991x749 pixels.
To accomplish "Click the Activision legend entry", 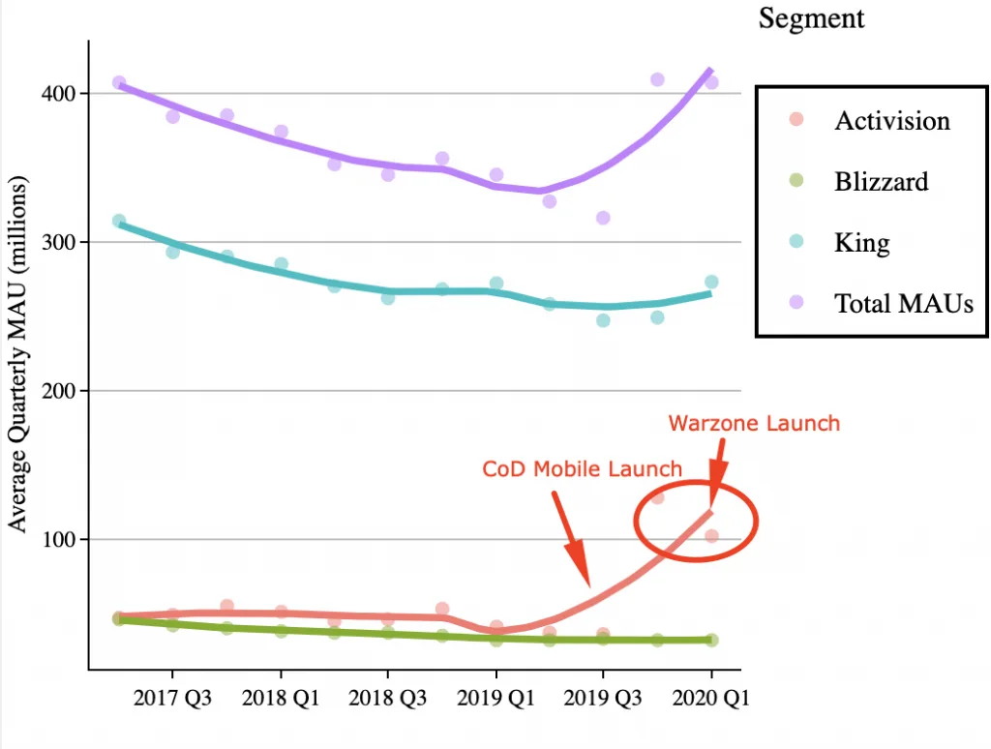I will point(891,121).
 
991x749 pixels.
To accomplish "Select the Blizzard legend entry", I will point(881,181).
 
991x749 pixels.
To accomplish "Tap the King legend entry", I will point(861,242).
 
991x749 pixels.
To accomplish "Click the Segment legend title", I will point(811,18).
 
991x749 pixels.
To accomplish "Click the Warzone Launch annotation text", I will point(754,423).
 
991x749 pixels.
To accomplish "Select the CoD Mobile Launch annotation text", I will point(582,469).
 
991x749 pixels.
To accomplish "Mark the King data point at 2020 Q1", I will point(711,283).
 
